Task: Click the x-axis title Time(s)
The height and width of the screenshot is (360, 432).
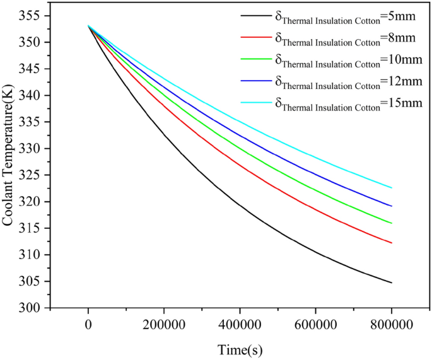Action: pos(240,349)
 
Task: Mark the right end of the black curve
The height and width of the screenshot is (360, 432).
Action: pos(392,282)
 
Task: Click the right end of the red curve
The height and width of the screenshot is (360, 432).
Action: pos(392,243)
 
